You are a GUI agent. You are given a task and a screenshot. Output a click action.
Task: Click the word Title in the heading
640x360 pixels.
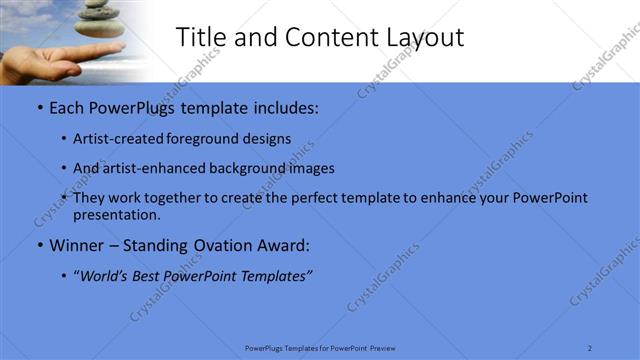pos(199,38)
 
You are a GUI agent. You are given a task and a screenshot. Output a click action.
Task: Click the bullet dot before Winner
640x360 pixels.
pos(39,245)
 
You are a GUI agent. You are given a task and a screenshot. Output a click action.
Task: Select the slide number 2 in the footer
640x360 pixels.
pos(590,347)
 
